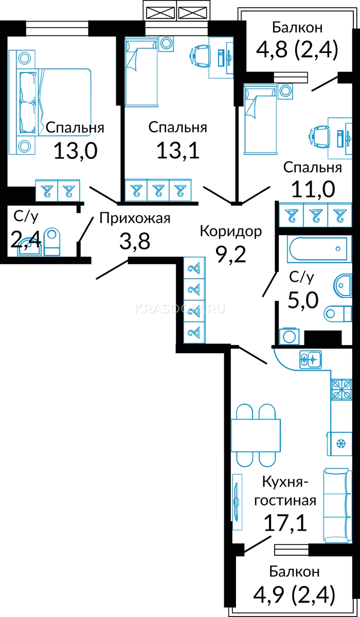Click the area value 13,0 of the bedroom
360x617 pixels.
click(76, 151)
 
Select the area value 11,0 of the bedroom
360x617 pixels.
click(313, 190)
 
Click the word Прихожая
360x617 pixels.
click(135, 219)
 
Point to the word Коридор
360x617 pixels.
click(231, 232)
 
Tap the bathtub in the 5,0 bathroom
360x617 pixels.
click(319, 249)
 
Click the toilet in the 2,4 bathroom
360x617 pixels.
click(52, 242)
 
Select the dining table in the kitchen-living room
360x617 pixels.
click(256, 435)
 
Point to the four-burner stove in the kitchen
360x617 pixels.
click(341, 390)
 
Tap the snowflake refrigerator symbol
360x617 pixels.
click(341, 444)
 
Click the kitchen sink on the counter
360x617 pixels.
click(311, 359)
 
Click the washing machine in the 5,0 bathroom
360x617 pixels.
click(289, 336)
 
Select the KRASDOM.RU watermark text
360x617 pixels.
click(180, 309)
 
